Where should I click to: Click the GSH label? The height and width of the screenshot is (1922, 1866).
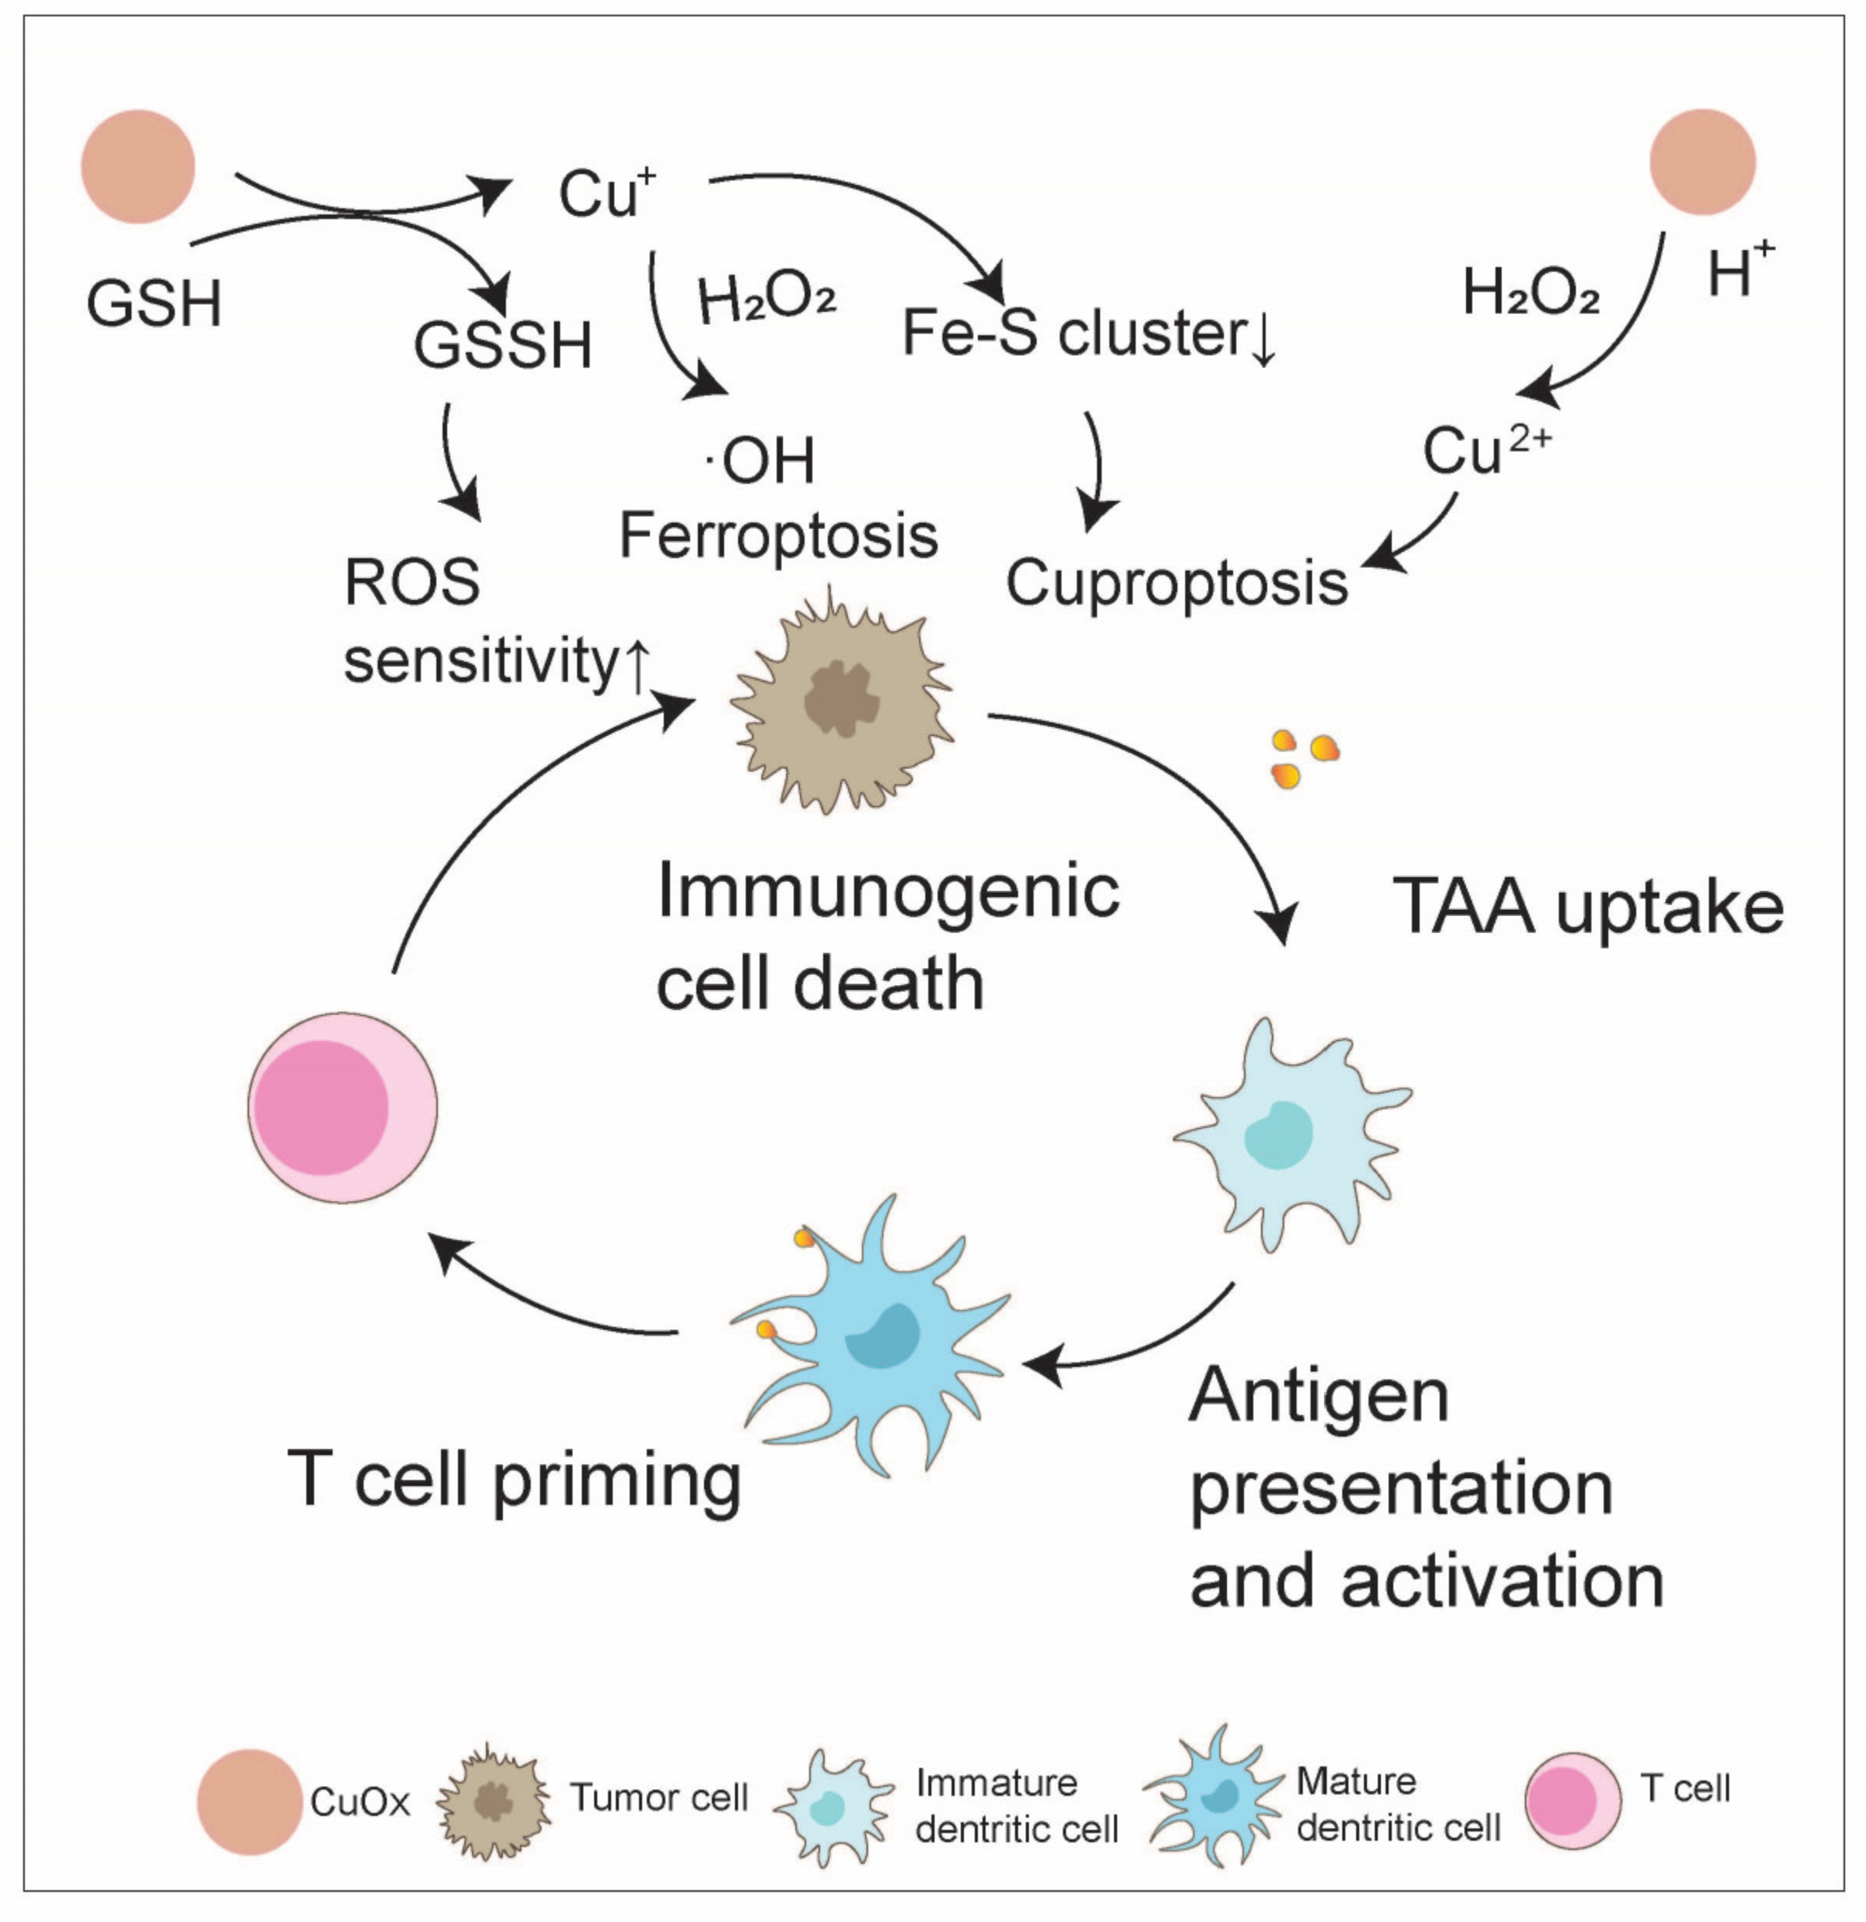[x=154, y=303]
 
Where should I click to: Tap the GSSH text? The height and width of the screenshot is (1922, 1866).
[x=502, y=345]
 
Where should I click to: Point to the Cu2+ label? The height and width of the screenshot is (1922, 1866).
[x=1485, y=450]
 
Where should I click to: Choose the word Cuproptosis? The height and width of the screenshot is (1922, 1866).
[x=1176, y=583]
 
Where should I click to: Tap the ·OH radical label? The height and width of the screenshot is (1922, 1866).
[x=763, y=459]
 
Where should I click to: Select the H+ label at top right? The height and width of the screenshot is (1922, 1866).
[x=1738, y=270]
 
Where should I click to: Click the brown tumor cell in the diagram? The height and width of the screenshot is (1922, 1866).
[x=841, y=701]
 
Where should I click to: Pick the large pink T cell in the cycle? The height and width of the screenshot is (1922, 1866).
[x=341, y=1107]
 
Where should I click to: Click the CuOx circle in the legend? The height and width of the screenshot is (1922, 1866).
[x=249, y=1801]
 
